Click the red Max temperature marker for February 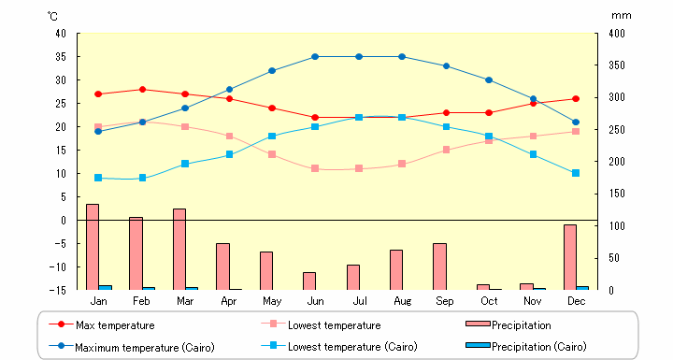click(x=142, y=90)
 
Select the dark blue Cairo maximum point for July click(x=359, y=57)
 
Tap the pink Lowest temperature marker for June click(x=315, y=169)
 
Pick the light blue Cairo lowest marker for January click(x=98, y=178)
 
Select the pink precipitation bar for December click(x=569, y=257)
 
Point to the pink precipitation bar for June click(x=309, y=281)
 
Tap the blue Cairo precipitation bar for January click(x=106, y=287)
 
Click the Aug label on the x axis click(x=402, y=301)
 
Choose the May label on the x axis click(x=272, y=301)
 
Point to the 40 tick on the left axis click(x=61, y=34)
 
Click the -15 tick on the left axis click(x=59, y=290)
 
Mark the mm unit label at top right click(x=621, y=16)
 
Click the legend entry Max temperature click(x=115, y=325)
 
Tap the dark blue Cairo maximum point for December click(x=576, y=122)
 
